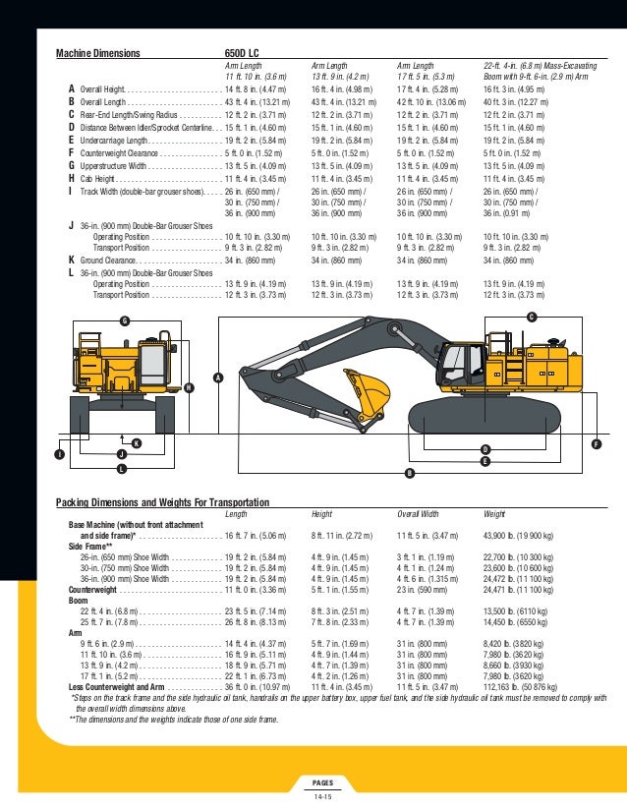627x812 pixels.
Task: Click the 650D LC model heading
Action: (x=242, y=53)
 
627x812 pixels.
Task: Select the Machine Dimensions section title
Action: (x=97, y=53)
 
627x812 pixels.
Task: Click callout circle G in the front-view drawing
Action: (x=124, y=321)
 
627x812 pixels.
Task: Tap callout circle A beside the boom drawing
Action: (x=218, y=378)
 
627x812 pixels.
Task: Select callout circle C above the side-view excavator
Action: (x=532, y=316)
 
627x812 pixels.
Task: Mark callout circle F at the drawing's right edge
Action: (x=597, y=445)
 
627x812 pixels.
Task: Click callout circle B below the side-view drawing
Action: (x=409, y=473)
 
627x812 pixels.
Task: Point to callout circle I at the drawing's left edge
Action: (x=60, y=454)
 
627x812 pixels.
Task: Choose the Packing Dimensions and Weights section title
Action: (x=162, y=502)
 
